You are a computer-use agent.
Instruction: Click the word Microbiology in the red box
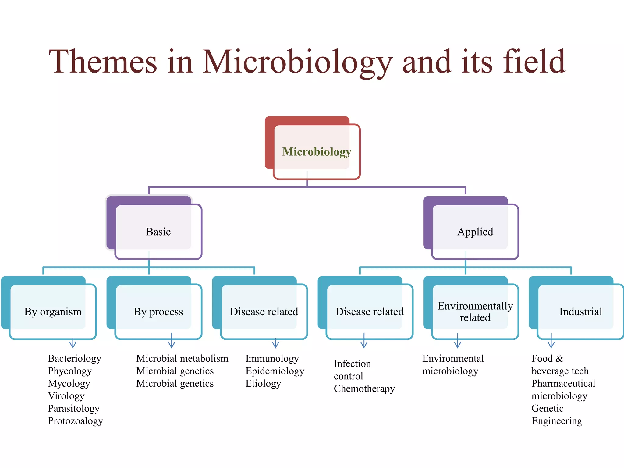point(317,151)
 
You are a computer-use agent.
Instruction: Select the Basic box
point(158,232)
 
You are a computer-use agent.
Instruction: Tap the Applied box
point(475,232)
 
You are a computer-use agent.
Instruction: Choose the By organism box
point(53,311)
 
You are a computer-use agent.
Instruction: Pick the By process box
point(158,311)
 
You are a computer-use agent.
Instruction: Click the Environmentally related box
point(475,311)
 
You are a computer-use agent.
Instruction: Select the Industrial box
point(580,311)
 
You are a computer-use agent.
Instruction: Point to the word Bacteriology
point(74,358)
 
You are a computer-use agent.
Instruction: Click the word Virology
point(66,396)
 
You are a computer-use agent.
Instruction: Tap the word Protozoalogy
point(75,421)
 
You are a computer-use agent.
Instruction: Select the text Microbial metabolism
point(182,358)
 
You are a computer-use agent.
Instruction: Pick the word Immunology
point(272,358)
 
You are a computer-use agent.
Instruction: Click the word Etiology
point(263,383)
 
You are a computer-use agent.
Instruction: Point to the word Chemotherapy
point(364,388)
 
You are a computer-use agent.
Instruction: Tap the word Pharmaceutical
point(563,383)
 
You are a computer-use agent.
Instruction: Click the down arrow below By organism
point(73,343)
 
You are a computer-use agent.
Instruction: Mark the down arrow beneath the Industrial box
point(551,341)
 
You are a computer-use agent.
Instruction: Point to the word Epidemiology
point(275,371)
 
